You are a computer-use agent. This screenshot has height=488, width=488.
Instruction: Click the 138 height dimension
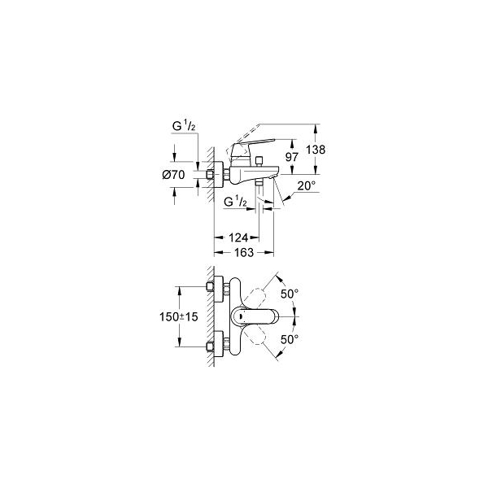[x=316, y=150]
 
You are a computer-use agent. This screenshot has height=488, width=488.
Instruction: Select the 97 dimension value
[x=292, y=157]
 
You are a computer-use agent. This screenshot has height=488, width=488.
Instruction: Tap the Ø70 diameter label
[x=173, y=175]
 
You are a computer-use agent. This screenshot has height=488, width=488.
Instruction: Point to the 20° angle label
[x=307, y=185]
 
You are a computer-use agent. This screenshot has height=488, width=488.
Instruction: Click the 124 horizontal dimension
[x=238, y=237]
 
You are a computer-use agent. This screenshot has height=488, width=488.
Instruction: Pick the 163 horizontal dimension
[x=244, y=252]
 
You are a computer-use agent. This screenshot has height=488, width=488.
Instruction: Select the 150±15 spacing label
[x=179, y=317]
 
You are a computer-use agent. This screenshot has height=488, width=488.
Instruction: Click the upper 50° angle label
[x=290, y=294]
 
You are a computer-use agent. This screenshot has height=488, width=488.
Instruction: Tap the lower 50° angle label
[x=290, y=339]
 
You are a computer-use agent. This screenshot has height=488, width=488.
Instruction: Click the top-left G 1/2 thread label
[x=184, y=126]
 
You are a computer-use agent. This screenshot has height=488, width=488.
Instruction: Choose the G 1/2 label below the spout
[x=235, y=203]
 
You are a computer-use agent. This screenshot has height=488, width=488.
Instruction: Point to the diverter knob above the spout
[x=259, y=161]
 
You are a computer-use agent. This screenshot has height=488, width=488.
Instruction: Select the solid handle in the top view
[x=254, y=317]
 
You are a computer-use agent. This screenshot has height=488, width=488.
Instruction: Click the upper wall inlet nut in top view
[x=210, y=286]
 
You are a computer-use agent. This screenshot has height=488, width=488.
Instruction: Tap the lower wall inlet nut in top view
[x=210, y=346]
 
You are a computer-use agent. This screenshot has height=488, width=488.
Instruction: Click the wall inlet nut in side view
[x=210, y=175]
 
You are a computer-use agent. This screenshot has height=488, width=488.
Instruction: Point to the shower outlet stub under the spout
[x=259, y=183]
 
